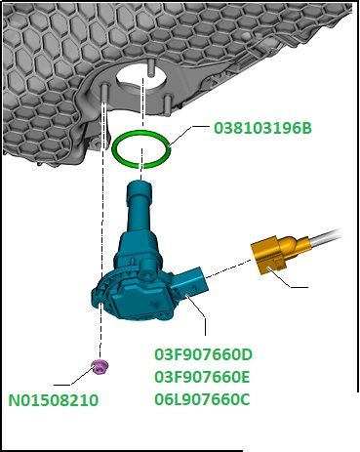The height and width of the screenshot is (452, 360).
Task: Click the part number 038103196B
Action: click(262, 128)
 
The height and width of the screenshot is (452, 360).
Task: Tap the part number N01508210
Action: click(53, 400)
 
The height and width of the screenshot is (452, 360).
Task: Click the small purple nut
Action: click(100, 367)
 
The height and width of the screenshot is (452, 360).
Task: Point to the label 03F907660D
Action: click(203, 354)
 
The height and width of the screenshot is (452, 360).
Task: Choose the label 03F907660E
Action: click(202, 377)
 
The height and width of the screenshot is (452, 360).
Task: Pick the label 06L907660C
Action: click(202, 399)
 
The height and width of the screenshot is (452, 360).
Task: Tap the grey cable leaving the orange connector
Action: click(325, 237)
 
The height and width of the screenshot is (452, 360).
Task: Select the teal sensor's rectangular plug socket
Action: click(190, 281)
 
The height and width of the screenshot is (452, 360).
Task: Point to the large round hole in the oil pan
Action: click(141, 80)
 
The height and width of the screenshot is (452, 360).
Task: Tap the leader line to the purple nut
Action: click(74, 377)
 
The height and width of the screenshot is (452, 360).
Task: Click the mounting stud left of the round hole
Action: click(104, 94)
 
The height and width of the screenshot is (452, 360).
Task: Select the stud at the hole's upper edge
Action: click(150, 67)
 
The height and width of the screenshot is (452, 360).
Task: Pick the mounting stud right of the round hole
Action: click(168, 104)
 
